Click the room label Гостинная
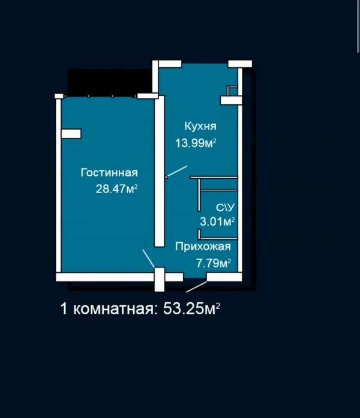click(x=109, y=173)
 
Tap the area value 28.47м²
click(x=117, y=189)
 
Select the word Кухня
click(x=200, y=127)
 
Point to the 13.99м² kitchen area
click(x=196, y=143)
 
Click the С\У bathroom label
click(x=226, y=208)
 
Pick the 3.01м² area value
click(x=217, y=221)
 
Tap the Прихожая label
click(x=203, y=247)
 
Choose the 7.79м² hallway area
click(x=214, y=263)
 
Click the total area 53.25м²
click(x=192, y=309)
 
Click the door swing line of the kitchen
click(x=176, y=171)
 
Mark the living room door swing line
click(x=149, y=258)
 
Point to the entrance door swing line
click(x=197, y=287)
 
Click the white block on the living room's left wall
click(x=71, y=134)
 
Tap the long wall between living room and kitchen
click(x=160, y=171)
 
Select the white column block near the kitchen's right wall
click(x=231, y=100)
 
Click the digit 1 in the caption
click(x=64, y=309)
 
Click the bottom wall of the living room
click(x=106, y=277)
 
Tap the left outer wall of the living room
click(x=58, y=185)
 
